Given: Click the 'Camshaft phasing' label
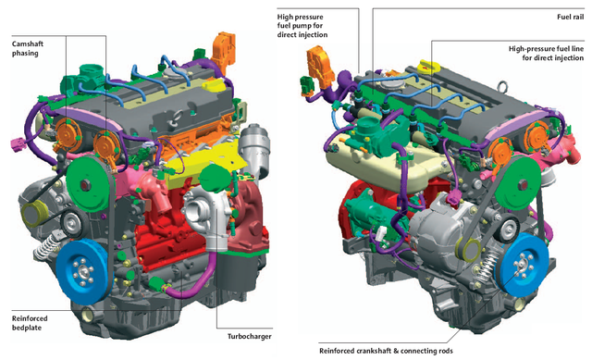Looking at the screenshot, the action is [28, 48].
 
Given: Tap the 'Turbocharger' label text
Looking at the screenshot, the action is [249, 336].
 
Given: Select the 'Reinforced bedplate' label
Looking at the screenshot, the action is [30, 323].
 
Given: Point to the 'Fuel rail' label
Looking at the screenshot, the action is [570, 17].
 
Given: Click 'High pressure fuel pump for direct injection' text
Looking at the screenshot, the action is [302, 26].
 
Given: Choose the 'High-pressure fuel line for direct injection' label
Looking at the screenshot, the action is [546, 54].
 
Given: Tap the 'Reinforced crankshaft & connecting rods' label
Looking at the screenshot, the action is [386, 351].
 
